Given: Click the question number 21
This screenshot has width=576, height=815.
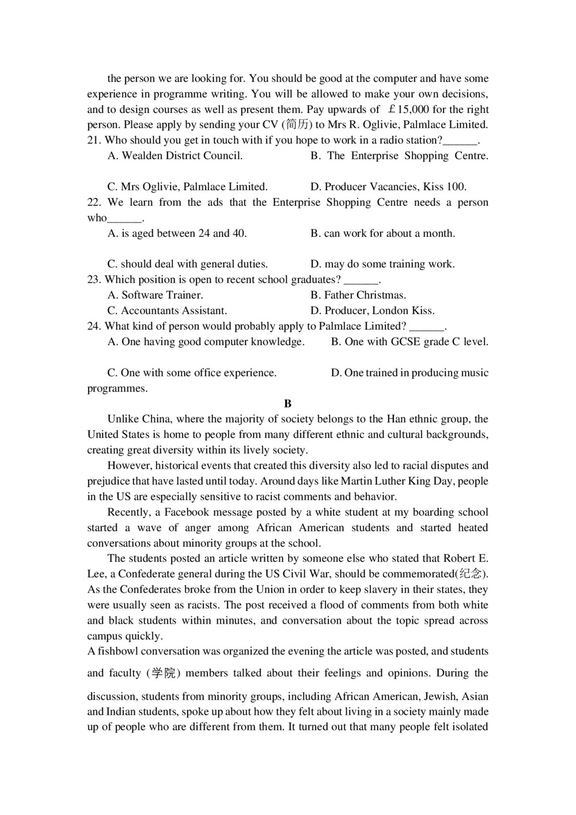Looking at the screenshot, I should pos(94,140).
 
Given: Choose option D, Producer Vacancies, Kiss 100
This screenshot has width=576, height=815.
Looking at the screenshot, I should pos(388,187).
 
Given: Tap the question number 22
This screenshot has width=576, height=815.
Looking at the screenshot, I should pos(94,202).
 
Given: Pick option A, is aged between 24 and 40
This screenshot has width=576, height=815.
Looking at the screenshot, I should pos(177,233).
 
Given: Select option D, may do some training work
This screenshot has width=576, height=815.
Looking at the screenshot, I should pos(382,264).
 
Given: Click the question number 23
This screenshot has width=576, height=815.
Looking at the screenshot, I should pos(94,280).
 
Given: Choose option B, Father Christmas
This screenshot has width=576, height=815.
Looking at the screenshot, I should pos(358,295).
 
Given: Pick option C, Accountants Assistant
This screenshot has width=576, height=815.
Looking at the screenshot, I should pos(167,311).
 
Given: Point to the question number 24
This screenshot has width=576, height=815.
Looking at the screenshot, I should pos(94,326).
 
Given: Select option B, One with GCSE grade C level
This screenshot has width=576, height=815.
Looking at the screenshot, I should pos(410,342).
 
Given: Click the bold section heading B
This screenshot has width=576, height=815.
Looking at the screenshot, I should pos(288,403).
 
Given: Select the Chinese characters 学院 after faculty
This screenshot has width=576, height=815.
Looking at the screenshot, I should pos(164,673).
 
